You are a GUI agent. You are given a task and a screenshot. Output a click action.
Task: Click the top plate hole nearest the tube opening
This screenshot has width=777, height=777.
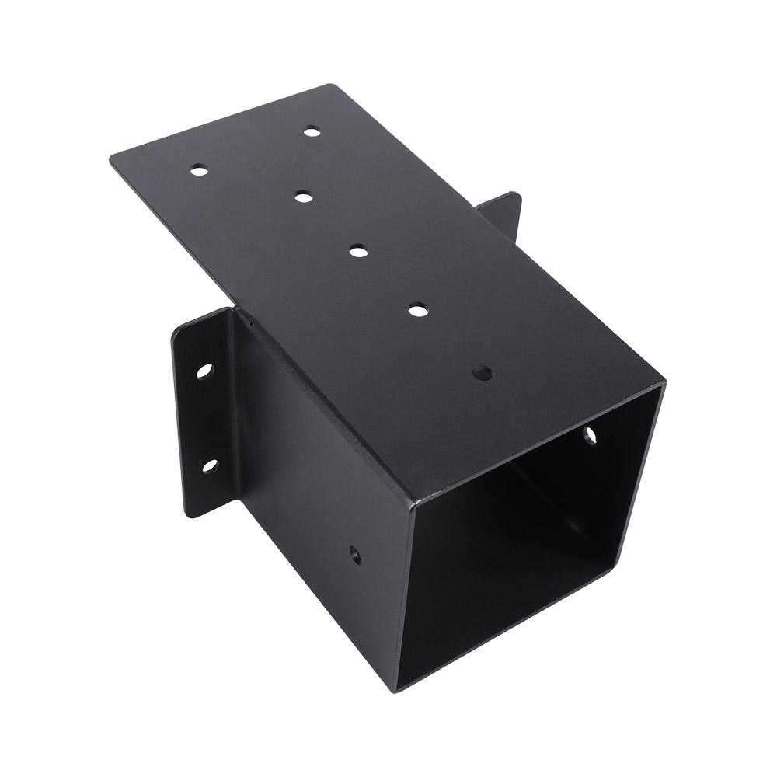tap(483, 373)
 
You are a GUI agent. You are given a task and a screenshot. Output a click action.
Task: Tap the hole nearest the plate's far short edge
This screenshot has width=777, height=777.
tap(312, 131)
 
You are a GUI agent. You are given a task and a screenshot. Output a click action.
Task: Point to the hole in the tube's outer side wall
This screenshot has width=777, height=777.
tap(354, 555)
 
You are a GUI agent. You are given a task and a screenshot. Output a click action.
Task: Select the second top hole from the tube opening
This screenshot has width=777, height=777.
tap(419, 310)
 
